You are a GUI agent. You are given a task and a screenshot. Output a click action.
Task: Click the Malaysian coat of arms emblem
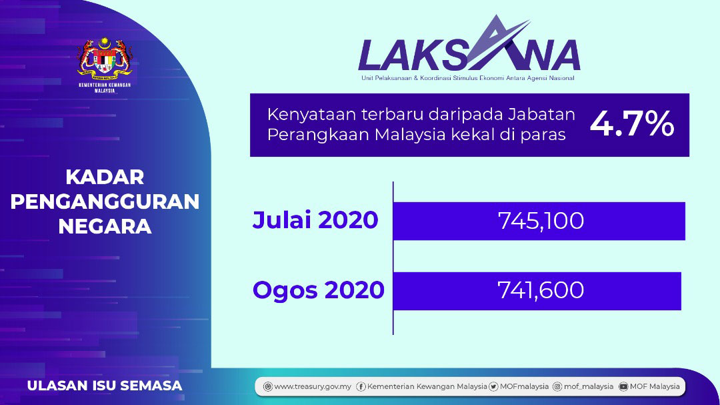coord(105,57)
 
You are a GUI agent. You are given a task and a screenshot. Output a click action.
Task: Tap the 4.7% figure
coord(632,124)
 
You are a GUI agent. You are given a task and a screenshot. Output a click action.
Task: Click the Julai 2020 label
coord(315,220)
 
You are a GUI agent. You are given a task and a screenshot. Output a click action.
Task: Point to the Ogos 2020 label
coord(318,290)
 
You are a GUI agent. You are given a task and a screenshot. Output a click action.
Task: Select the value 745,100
coord(541,221)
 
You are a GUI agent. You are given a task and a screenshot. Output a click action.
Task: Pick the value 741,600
coord(541,290)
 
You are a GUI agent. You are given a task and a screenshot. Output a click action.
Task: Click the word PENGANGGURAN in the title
coord(105,201)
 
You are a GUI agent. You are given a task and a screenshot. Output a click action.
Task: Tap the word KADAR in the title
coord(105,177)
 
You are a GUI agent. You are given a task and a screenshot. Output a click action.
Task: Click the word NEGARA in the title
coord(105,227)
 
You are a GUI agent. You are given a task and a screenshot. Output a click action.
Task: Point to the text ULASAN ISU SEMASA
coord(105,386)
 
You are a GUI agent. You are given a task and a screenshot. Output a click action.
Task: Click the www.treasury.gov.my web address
coord(312,386)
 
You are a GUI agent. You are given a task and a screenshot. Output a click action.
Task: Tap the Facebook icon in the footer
coord(361,386)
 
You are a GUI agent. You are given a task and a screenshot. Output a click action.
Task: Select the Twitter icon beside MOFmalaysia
coord(493,386)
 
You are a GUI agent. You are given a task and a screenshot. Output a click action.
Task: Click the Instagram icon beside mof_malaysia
coord(557,386)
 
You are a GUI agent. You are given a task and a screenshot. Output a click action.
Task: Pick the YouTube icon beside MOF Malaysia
coord(623,386)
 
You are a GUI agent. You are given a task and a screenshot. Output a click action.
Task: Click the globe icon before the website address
coord(268,386)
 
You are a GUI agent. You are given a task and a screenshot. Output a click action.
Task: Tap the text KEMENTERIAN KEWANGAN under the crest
coord(105,85)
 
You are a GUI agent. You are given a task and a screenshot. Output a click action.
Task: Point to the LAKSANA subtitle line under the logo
coord(467,78)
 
